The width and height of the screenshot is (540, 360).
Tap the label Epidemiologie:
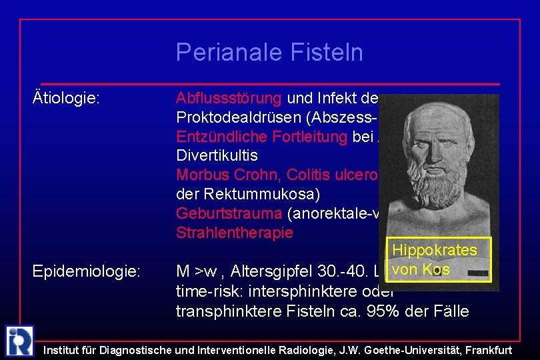point(87,272)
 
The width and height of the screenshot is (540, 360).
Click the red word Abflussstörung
point(229,99)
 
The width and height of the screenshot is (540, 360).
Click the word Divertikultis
point(217,156)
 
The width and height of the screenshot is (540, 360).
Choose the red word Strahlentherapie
point(234,233)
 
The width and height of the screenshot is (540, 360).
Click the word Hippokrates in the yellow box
point(435,250)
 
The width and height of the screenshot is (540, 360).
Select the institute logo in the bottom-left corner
point(19,341)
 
